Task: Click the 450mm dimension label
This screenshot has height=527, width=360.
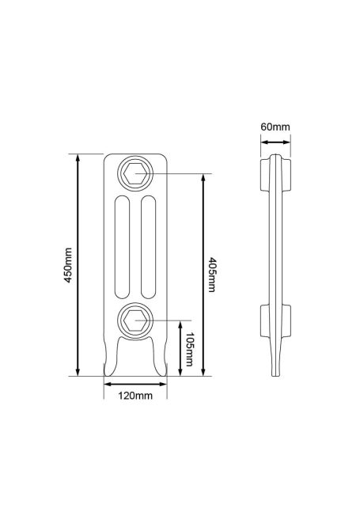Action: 68,265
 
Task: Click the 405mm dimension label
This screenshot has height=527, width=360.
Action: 212,275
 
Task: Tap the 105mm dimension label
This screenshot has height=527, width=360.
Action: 190,349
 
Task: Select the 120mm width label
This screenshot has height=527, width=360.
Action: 135,396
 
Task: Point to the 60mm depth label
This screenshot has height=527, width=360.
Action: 275,127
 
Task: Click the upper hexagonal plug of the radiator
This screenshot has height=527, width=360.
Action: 135,174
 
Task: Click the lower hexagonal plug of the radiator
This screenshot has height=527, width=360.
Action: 135,320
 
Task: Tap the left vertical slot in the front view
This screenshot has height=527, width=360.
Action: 122,247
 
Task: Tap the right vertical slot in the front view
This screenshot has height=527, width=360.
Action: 148,247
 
